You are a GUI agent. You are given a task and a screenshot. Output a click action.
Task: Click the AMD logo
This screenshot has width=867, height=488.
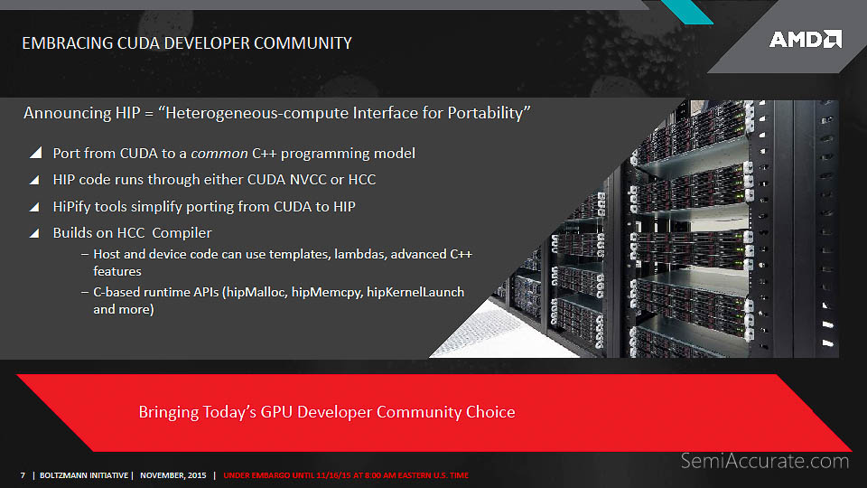(x=806, y=39)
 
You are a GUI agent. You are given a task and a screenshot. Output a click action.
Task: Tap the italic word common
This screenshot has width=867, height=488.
(x=219, y=154)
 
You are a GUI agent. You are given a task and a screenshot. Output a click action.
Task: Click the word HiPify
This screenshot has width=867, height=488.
(x=72, y=207)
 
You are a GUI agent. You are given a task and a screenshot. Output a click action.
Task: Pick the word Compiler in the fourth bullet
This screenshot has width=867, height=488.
(x=182, y=233)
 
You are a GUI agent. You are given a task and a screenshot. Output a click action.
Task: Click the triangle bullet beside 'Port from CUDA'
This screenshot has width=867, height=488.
(x=35, y=153)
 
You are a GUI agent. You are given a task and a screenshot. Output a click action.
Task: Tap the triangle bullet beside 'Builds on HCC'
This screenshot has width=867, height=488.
(x=34, y=233)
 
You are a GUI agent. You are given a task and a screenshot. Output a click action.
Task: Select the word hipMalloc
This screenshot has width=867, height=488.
(x=256, y=292)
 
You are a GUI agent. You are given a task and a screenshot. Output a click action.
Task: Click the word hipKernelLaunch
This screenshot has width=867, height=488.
(x=415, y=292)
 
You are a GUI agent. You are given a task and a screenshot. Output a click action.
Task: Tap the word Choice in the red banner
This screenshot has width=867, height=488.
(x=490, y=412)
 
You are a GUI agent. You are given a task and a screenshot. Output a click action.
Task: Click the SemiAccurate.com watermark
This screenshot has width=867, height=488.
(x=765, y=461)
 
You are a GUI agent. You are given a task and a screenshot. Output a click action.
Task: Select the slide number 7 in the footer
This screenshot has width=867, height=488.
(x=23, y=475)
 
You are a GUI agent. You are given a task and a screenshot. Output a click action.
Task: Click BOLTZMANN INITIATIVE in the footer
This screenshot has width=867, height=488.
(x=83, y=475)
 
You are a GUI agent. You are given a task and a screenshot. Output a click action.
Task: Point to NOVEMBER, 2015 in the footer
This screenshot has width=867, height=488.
(x=173, y=475)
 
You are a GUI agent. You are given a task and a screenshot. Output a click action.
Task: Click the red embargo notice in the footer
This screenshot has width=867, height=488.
(x=346, y=475)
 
